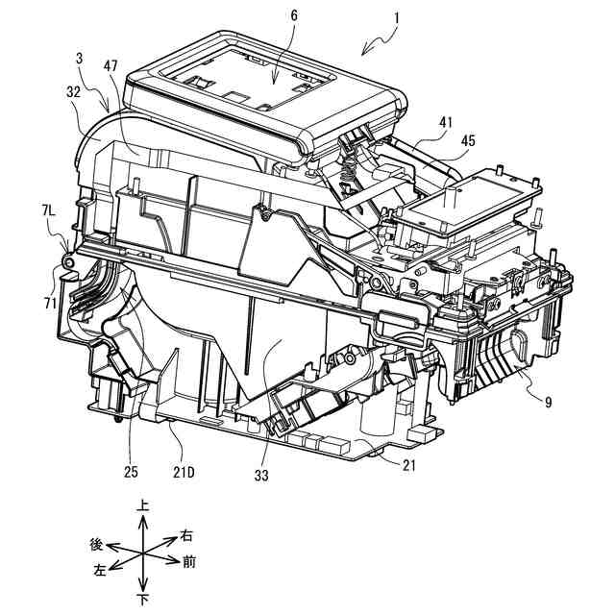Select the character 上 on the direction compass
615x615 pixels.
[142, 504]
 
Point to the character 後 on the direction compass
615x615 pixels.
[96, 544]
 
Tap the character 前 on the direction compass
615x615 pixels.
[192, 559]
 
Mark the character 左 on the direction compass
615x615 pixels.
[99, 571]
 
